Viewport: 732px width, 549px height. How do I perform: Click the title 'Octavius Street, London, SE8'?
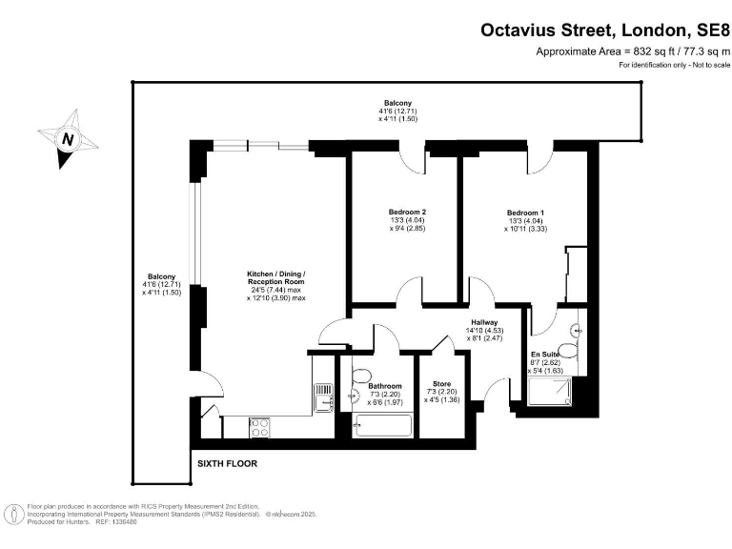(604, 31)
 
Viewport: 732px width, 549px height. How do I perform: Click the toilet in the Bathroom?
(362, 375)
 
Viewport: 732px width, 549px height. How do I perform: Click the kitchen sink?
(322, 394)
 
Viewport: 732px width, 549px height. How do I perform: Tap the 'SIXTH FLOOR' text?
(227, 464)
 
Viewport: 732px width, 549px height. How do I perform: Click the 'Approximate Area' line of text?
(633, 51)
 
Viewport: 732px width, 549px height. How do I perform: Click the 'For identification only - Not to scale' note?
(674, 65)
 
